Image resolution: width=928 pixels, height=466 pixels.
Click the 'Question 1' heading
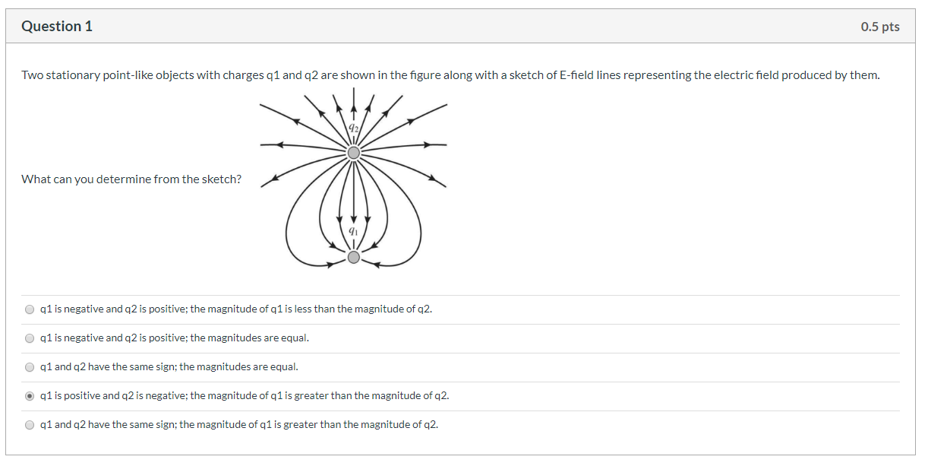[x=57, y=27]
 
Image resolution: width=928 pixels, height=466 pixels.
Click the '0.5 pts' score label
[x=879, y=27]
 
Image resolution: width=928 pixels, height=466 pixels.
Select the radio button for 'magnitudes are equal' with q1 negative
[x=30, y=338]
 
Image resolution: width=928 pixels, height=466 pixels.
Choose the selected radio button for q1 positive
[x=30, y=396]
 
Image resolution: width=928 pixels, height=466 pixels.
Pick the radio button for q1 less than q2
[x=30, y=309]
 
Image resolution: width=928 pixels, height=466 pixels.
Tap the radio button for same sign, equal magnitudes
[x=30, y=367]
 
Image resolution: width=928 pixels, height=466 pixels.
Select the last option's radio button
[x=30, y=425]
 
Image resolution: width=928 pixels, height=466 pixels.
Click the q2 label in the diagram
[x=353, y=128]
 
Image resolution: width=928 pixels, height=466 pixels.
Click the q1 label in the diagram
[x=353, y=230]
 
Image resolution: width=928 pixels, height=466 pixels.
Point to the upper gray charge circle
[x=353, y=154]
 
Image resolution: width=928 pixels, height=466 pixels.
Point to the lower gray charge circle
[x=353, y=258]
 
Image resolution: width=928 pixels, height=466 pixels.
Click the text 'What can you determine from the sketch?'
[x=131, y=179]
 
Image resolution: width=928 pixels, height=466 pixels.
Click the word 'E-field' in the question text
[x=579, y=75]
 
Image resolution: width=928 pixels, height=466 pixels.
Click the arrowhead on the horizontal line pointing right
[x=428, y=144]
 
